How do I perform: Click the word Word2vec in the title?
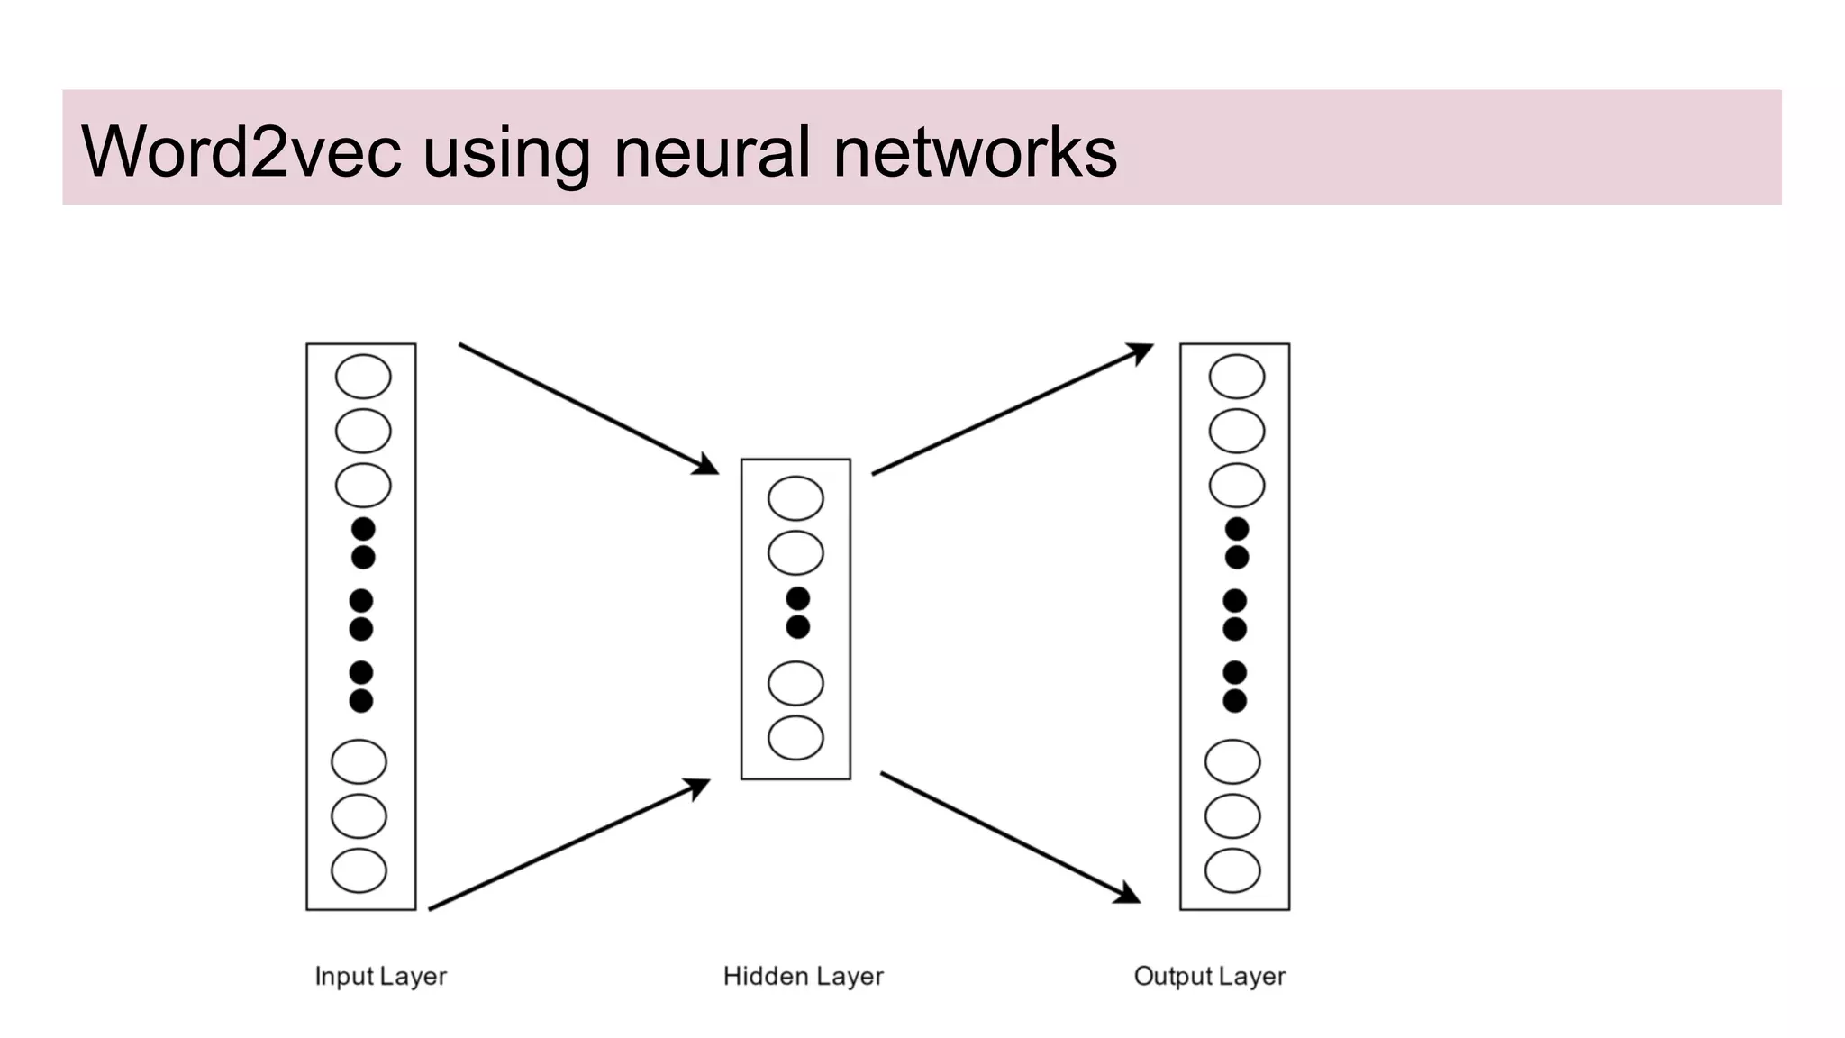tap(241, 151)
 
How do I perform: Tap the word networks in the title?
tap(975, 151)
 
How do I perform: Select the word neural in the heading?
tap(712, 151)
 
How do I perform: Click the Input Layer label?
tap(380, 976)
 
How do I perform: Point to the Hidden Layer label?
tap(803, 976)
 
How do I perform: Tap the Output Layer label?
tap(1209, 976)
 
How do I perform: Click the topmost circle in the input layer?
tap(363, 377)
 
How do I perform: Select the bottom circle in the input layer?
tap(359, 870)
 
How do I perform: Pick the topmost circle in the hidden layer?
tap(795, 498)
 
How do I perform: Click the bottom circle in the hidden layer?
tap(795, 738)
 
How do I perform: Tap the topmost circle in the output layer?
tap(1236, 377)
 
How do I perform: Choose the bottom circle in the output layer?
tap(1232, 870)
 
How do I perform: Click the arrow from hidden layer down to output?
tap(1009, 837)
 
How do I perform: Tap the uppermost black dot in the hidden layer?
tap(797, 598)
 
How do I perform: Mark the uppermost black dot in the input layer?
tap(363, 529)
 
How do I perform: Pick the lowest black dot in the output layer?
tap(1234, 701)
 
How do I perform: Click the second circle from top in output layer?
tap(1236, 431)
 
